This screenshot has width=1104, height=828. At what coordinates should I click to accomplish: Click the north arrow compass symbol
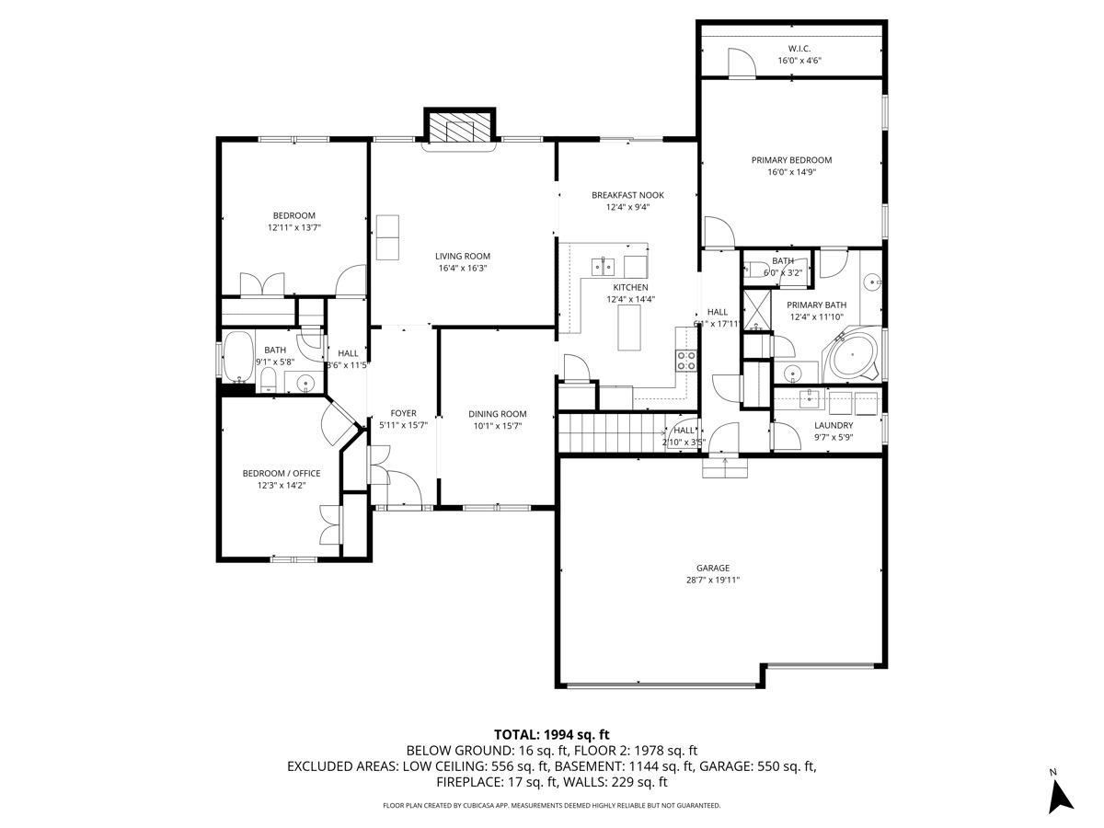click(x=1061, y=795)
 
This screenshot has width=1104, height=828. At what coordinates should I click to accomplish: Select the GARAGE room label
click(x=713, y=568)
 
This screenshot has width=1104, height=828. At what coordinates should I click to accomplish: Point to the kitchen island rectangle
click(x=629, y=328)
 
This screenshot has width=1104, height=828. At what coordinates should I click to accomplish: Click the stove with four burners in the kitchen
click(x=686, y=361)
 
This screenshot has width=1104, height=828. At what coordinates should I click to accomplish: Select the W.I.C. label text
click(x=799, y=49)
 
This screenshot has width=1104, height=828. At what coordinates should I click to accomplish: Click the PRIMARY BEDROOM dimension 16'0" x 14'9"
click(x=791, y=171)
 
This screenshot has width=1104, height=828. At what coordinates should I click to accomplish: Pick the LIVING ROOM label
click(x=463, y=257)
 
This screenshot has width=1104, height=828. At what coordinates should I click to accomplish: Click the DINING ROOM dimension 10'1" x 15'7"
click(x=497, y=426)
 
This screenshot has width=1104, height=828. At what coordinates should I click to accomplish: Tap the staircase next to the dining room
click(x=612, y=433)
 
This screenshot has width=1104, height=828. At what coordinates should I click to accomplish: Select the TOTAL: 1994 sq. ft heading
click(x=552, y=734)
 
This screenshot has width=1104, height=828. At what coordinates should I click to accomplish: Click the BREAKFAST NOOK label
click(x=627, y=195)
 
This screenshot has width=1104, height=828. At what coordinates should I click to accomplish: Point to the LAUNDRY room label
click(x=834, y=425)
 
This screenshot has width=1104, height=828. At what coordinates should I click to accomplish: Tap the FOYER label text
click(x=403, y=414)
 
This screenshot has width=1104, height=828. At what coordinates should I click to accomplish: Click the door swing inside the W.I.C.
click(x=740, y=63)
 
